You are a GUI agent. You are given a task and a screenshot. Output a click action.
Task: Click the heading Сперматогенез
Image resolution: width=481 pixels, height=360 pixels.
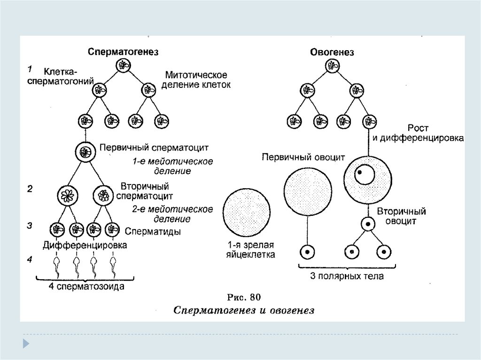pyautogui.click(x=123, y=52)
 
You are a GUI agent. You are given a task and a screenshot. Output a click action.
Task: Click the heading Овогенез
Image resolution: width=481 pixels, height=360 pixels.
pyautogui.click(x=332, y=52)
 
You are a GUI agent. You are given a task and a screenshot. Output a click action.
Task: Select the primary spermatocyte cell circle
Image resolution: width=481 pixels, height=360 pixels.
pyautogui.click(x=85, y=152)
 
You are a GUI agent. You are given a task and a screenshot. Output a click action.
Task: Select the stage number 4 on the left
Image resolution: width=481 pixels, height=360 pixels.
pyautogui.click(x=29, y=259)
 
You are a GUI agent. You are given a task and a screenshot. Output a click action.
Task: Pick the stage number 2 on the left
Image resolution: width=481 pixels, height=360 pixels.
pyautogui.click(x=29, y=189)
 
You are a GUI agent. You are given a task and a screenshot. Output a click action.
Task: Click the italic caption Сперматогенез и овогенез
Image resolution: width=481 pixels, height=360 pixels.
pyautogui.click(x=243, y=310)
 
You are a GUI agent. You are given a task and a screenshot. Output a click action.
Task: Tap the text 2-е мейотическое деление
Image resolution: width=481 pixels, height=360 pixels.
pyautogui.click(x=172, y=214)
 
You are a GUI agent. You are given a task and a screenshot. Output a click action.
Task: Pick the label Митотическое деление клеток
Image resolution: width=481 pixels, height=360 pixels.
pyautogui.click(x=197, y=80)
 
